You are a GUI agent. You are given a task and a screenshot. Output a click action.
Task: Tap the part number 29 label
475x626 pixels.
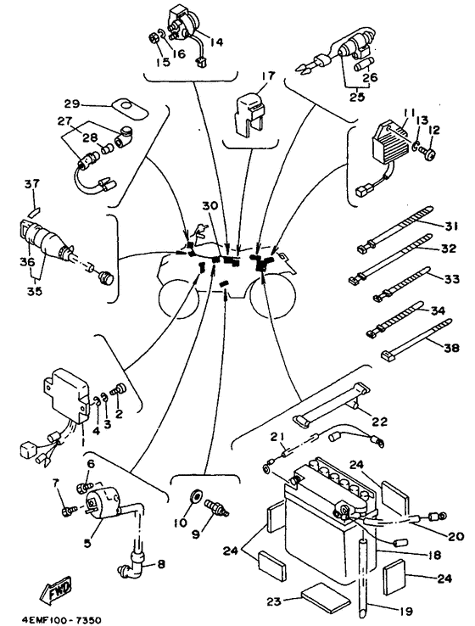point(72,103)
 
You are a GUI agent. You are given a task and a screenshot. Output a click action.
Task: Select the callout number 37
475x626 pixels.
point(31,183)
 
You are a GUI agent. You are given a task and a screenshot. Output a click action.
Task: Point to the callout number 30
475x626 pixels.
point(210,206)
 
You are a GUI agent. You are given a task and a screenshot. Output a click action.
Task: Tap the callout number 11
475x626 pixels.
point(410,112)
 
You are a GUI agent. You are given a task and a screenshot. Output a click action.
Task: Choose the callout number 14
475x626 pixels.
point(216,41)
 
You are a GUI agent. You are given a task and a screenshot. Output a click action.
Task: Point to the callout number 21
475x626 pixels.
point(274,436)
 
